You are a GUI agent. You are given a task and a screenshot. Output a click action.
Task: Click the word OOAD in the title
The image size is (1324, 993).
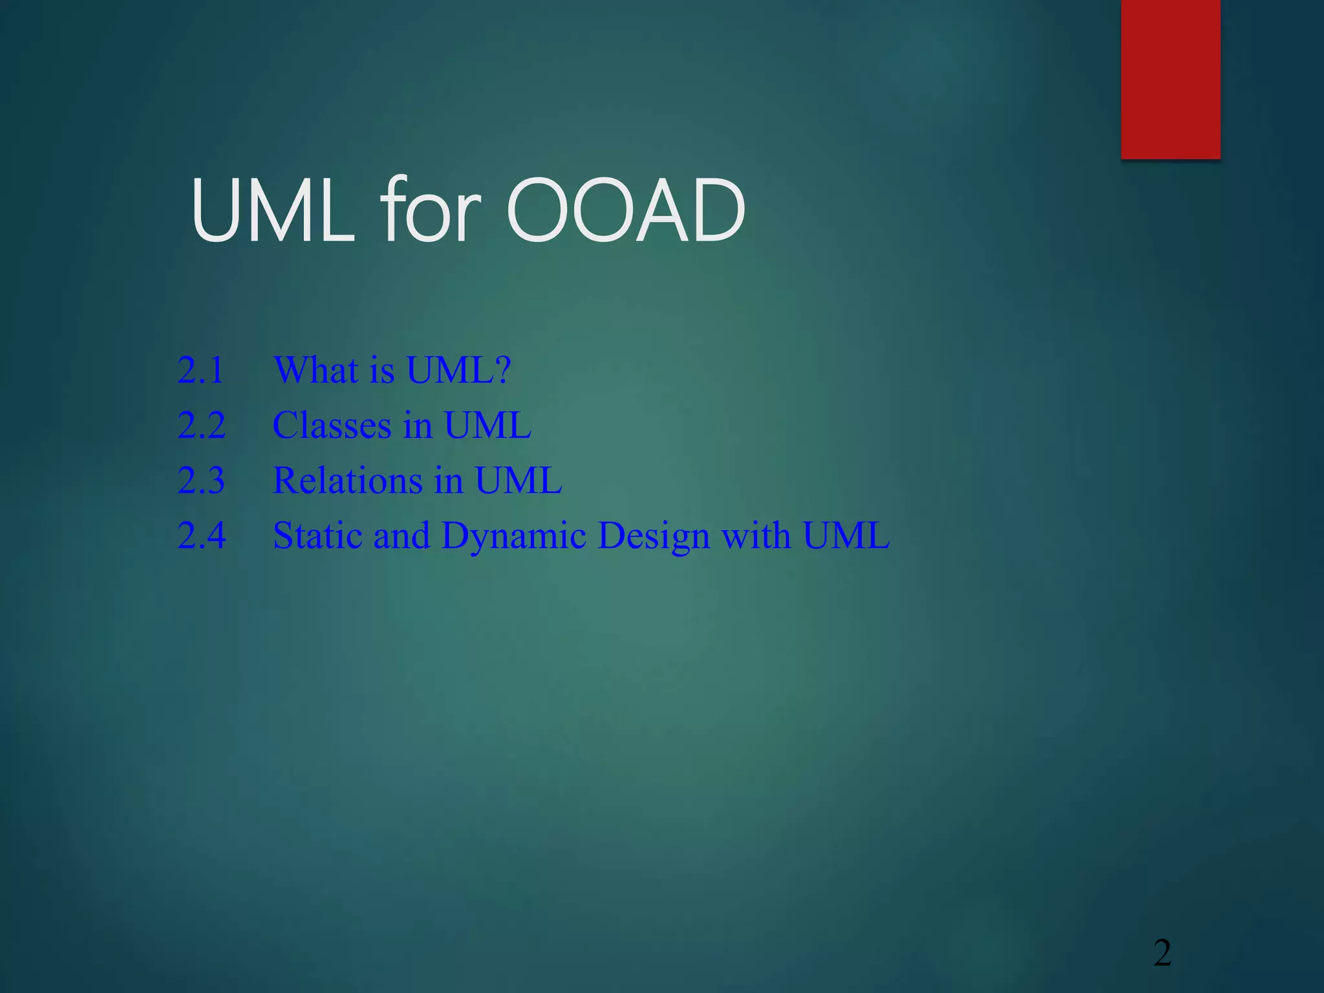pos(625,211)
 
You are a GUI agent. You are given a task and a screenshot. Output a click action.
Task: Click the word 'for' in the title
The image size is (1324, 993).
pos(431,211)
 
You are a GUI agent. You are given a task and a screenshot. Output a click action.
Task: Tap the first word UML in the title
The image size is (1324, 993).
pos(273,211)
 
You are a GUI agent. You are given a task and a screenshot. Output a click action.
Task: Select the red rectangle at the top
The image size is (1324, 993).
pos(1170,79)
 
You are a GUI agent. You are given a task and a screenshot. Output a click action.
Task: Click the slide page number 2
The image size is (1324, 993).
pos(1162,954)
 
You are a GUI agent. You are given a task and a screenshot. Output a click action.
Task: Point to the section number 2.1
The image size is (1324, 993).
pos(201,370)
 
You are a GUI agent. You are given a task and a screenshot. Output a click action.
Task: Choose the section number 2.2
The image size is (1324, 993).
pos(201,425)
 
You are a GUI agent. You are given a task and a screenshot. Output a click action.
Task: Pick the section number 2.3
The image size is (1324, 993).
pos(201,480)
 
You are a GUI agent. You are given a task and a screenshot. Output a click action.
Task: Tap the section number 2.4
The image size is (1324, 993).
pos(201,535)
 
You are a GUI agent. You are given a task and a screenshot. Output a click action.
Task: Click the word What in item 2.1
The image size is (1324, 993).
pos(315,370)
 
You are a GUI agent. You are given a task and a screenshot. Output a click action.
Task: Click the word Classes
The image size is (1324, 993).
pos(332,425)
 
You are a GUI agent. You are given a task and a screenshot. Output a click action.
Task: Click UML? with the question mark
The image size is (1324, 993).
pos(458,370)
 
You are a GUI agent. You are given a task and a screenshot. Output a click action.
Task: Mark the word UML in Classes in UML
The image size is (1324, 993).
pos(487,425)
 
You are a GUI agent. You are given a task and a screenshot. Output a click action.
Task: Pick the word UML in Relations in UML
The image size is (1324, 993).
pos(518,480)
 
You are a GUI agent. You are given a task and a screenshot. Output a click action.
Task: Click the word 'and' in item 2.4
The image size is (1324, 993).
pos(401,535)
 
